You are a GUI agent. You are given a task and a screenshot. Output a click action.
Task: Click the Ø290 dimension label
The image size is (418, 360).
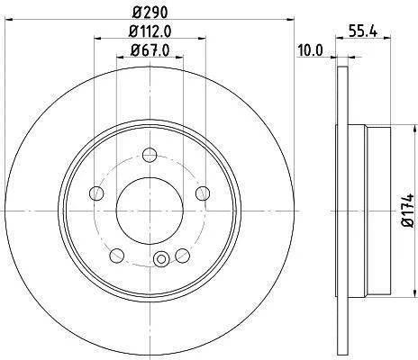(150, 13)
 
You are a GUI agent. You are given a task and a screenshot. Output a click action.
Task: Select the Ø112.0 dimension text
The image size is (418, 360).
(150, 31)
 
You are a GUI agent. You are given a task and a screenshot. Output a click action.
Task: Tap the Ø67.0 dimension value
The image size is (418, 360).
(150, 49)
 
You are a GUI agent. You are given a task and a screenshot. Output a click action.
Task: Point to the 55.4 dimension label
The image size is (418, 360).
(362, 31)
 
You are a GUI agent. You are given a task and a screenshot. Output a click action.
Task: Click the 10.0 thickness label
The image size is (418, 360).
(310, 49)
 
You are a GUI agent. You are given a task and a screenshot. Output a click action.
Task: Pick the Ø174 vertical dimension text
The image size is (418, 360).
(409, 211)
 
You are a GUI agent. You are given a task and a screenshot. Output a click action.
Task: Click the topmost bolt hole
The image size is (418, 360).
(150, 155)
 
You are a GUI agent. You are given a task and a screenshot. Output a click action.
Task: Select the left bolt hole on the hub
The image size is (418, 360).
(96, 193)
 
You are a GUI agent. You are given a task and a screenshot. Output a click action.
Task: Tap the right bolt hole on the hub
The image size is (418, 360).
(203, 193)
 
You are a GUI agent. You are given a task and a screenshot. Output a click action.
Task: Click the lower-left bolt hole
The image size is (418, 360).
(117, 256)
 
